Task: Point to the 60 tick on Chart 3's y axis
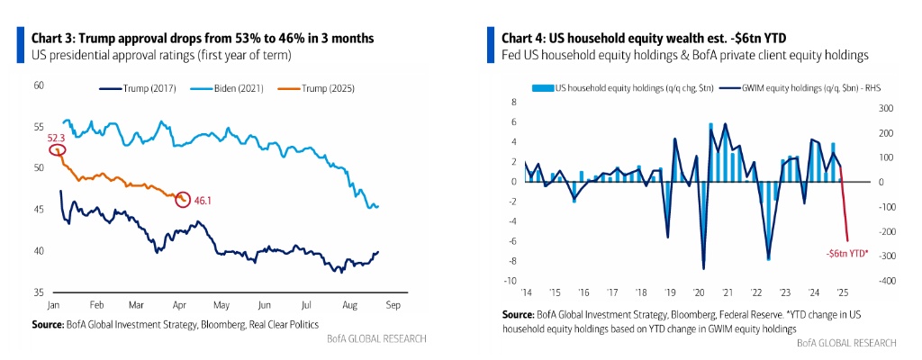pos(38,85)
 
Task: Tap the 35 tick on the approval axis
pos(38,292)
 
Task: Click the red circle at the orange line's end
pos(183,198)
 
